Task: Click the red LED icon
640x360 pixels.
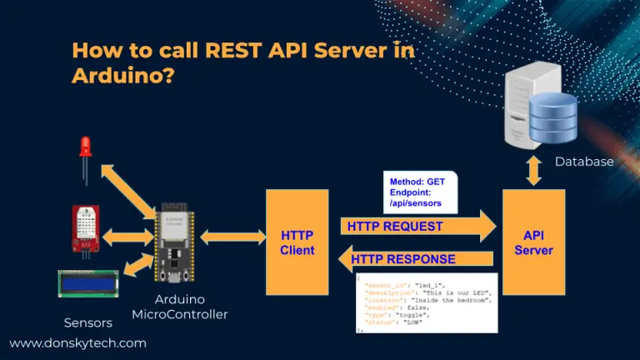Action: pyautogui.click(x=84, y=151)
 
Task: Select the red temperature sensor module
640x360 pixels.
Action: pyautogui.click(x=85, y=227)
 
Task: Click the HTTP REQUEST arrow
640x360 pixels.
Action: pyautogui.click(x=417, y=226)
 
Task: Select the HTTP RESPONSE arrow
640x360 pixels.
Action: pyautogui.click(x=417, y=259)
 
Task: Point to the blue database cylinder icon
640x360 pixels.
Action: pyautogui.click(x=553, y=116)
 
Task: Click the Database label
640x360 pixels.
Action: pyautogui.click(x=584, y=162)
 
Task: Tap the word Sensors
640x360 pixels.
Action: pyautogui.click(x=87, y=322)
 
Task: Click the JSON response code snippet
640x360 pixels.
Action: pyautogui.click(x=425, y=302)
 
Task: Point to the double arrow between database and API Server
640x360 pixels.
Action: pyautogui.click(x=532, y=170)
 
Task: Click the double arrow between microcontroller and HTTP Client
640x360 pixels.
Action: pyautogui.click(x=231, y=237)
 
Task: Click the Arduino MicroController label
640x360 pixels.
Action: pyautogui.click(x=179, y=307)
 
